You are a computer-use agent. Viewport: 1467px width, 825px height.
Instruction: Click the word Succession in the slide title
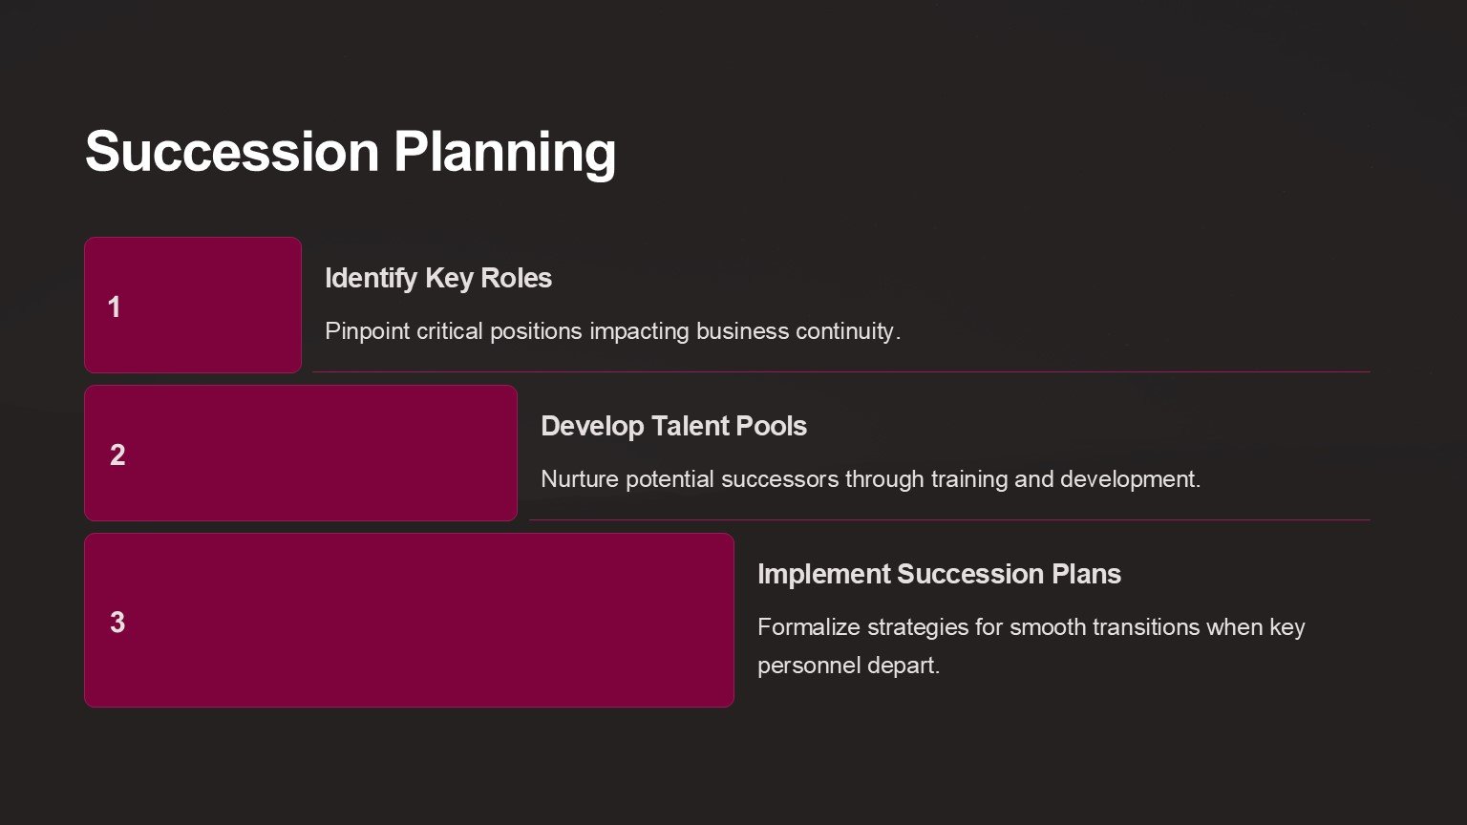[x=232, y=151]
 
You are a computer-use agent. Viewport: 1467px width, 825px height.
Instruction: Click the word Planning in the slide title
[x=504, y=155]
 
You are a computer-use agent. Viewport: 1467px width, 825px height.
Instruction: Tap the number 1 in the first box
[x=114, y=307]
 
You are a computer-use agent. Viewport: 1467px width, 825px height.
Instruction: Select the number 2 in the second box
[x=117, y=455]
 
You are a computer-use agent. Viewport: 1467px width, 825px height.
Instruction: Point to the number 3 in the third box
[x=117, y=622]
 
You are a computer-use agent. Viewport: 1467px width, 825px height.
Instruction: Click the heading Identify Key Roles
[x=438, y=279]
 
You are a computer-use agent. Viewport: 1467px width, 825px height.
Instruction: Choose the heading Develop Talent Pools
[x=674, y=426]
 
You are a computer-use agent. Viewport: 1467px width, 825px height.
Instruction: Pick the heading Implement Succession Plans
[x=939, y=574]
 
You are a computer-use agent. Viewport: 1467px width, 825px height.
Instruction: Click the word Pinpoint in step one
[x=368, y=332]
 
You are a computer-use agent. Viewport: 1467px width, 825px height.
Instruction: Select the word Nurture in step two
[x=580, y=479]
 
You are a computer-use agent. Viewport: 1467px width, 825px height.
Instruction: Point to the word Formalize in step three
[x=809, y=627]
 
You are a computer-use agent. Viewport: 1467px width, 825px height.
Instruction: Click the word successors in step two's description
[x=780, y=480]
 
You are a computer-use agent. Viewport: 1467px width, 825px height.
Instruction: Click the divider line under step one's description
[x=841, y=371]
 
